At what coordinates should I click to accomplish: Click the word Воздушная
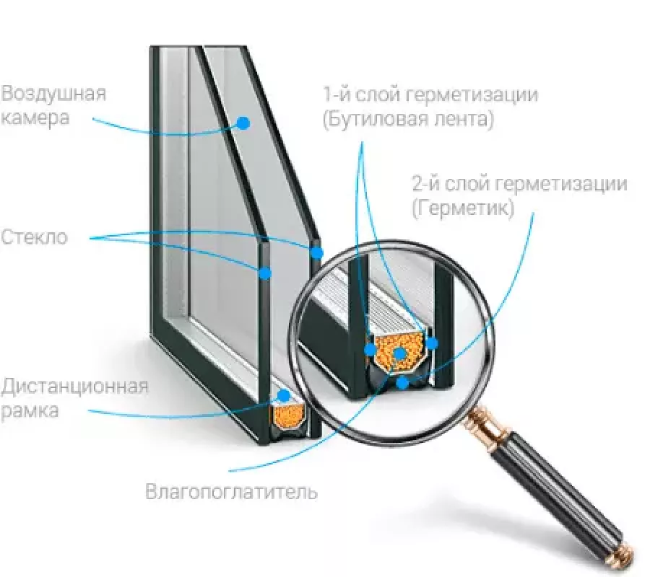point(54,94)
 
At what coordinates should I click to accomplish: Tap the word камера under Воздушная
point(35,118)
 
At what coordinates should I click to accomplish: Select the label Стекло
point(34,237)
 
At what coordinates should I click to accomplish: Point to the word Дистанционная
point(74,387)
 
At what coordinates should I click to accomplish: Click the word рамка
point(30,411)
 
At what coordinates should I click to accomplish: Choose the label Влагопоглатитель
point(231,493)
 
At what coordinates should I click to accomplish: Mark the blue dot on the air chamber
point(243,123)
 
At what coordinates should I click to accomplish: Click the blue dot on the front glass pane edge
point(265,273)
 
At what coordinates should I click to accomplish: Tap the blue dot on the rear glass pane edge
point(316,252)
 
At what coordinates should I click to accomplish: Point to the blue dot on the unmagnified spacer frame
point(284,396)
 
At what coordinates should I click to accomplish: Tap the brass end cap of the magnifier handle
point(621,556)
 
